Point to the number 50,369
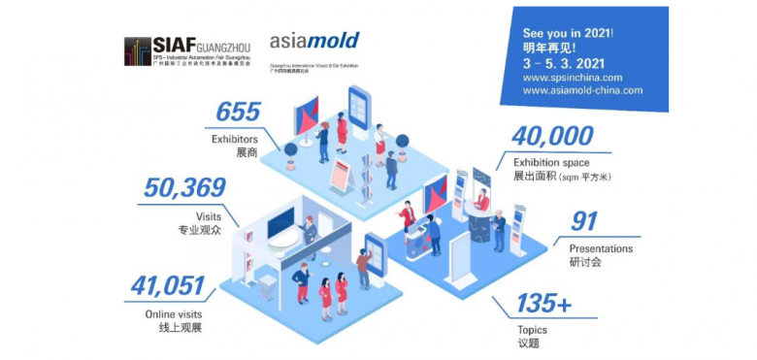tap(184, 187)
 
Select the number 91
tap(583, 222)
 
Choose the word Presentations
tap(601, 248)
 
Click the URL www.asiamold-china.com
tap(582, 89)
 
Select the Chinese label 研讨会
tap(586, 262)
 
